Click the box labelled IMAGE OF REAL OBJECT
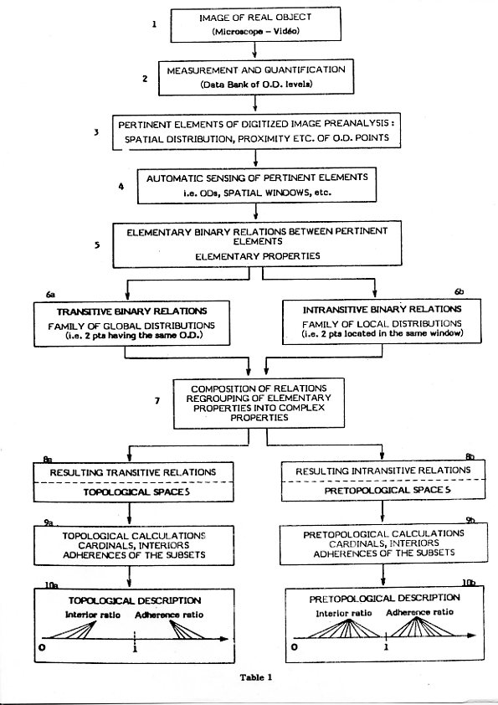(x=255, y=25)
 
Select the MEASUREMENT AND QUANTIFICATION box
(x=256, y=77)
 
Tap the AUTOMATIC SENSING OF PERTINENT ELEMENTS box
(x=257, y=185)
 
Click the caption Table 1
(x=256, y=677)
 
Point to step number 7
(x=157, y=400)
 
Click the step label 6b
(x=459, y=292)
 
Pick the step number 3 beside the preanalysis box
(x=96, y=132)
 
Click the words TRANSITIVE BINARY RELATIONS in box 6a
(x=131, y=311)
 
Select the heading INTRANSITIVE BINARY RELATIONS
(x=382, y=309)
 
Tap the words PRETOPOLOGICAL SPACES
(x=388, y=490)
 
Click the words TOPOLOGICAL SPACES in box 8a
(x=136, y=491)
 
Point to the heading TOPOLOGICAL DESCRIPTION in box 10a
(x=135, y=600)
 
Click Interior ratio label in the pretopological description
(x=344, y=613)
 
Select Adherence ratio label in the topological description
(x=169, y=615)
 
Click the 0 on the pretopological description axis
(x=295, y=647)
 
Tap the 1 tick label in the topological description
(x=135, y=648)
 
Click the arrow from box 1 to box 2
(x=254, y=50)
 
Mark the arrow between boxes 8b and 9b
(x=382, y=512)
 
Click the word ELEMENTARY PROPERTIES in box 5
(x=258, y=256)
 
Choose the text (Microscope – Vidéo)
(x=255, y=32)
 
